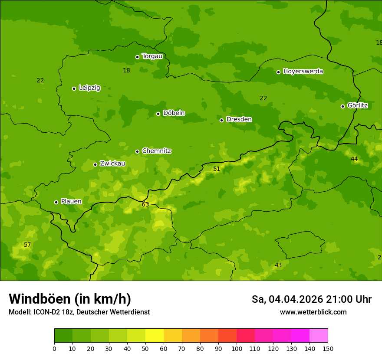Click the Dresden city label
pyautogui.click(x=239, y=119)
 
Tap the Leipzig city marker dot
pyautogui.click(x=74, y=88)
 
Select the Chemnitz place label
pyautogui.click(x=156, y=151)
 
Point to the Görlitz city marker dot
pyautogui.click(x=342, y=106)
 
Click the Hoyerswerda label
pyautogui.click(x=303, y=72)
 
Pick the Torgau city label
pyautogui.click(x=152, y=56)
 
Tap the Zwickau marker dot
pyautogui.click(x=95, y=164)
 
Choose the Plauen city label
pyautogui.click(x=71, y=201)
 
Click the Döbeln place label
pyautogui.click(x=174, y=113)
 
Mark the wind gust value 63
pyautogui.click(x=145, y=204)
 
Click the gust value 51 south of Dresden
pyautogui.click(x=217, y=169)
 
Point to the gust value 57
pyautogui.click(x=27, y=245)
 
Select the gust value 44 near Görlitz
pyautogui.click(x=354, y=159)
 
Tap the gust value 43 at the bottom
pyautogui.click(x=278, y=265)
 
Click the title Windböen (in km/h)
pyautogui.click(x=70, y=299)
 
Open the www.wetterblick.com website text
pyautogui.click(x=313, y=312)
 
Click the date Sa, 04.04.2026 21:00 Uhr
pyautogui.click(x=311, y=299)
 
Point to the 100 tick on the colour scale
pyautogui.click(x=237, y=348)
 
